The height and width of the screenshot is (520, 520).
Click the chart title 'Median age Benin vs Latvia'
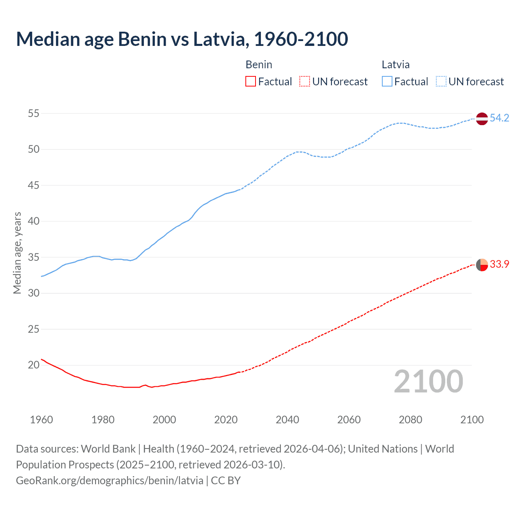tap(182, 39)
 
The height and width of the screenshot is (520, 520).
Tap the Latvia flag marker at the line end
tap(481, 119)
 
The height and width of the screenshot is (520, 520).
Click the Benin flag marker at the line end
tap(481, 264)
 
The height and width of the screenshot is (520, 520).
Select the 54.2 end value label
tap(499, 118)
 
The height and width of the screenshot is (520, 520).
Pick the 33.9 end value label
tap(499, 264)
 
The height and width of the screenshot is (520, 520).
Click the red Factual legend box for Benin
tap(251, 82)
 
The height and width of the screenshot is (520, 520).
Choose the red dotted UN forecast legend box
tap(305, 82)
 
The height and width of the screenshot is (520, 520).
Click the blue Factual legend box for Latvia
tap(387, 82)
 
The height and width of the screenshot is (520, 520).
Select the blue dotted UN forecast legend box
tap(441, 82)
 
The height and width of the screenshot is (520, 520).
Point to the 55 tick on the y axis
tap(34, 113)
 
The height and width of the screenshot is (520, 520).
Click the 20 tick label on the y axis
tap(34, 365)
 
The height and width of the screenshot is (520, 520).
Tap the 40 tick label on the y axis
tap(34, 221)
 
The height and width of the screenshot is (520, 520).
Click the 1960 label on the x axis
tap(41, 420)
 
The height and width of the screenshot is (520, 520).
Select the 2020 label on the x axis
tap(226, 420)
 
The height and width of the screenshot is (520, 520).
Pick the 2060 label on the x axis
tap(349, 420)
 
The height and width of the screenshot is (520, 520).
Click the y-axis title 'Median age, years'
tap(17, 253)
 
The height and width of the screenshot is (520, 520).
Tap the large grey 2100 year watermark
tap(428, 381)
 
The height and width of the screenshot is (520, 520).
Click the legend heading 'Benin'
tap(259, 65)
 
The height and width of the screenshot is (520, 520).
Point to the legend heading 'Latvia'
tap(395, 65)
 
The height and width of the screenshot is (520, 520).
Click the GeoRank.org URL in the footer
tap(110, 481)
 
